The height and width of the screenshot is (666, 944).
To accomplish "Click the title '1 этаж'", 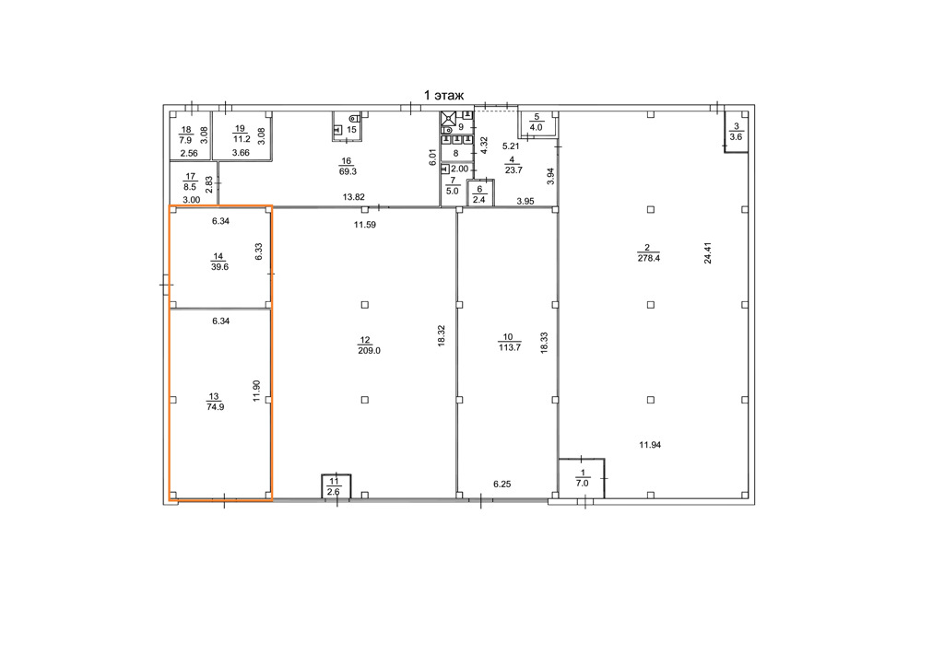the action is (444, 95).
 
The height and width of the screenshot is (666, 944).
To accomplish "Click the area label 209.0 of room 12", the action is (369, 351).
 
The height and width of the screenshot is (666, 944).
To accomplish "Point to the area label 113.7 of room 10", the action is (509, 347).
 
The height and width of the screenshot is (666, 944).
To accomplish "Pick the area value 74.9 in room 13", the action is (215, 407).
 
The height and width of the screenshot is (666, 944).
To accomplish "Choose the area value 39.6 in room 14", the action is (219, 267).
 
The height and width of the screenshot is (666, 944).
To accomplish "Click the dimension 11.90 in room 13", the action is (256, 391).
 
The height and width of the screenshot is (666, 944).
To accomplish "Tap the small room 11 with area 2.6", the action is (336, 486).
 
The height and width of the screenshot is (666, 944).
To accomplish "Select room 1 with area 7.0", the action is (582, 478).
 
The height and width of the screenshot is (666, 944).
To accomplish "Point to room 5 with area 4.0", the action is (536, 123).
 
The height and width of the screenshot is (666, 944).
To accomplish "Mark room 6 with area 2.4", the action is (479, 193).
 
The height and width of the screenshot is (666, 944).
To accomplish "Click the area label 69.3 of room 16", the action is (347, 171).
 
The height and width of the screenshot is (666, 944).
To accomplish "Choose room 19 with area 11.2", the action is (242, 134).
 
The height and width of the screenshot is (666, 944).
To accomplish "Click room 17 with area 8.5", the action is (193, 183).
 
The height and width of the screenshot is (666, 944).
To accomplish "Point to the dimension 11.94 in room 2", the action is (650, 445).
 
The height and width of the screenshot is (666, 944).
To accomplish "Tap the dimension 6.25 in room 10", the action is (502, 484).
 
